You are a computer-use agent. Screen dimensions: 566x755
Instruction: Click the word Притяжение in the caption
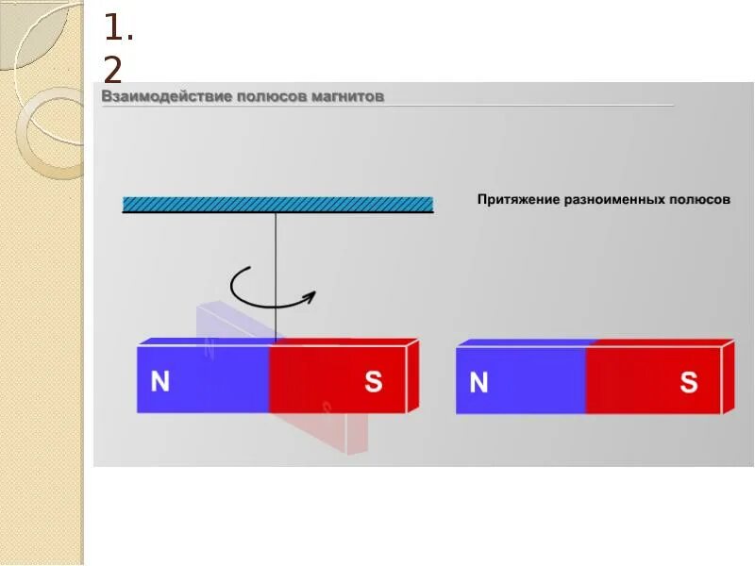click(518, 200)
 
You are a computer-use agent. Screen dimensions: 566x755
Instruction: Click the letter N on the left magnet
click(160, 381)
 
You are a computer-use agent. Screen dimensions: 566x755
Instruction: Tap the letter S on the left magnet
click(374, 381)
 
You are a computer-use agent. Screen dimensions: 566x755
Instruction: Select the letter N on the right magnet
click(478, 382)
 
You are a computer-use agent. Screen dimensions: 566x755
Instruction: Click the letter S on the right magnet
click(689, 382)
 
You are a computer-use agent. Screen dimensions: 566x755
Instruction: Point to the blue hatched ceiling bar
click(277, 204)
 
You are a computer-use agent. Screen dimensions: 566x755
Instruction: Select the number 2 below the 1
click(115, 71)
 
